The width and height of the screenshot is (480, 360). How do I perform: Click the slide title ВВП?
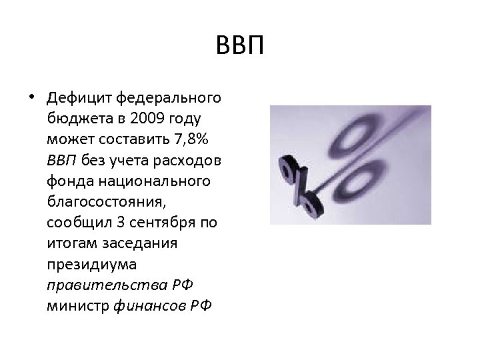tap(241, 47)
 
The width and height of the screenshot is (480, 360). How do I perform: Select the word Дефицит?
tap(79, 99)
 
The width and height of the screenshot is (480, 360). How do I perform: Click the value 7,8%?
tap(190, 141)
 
